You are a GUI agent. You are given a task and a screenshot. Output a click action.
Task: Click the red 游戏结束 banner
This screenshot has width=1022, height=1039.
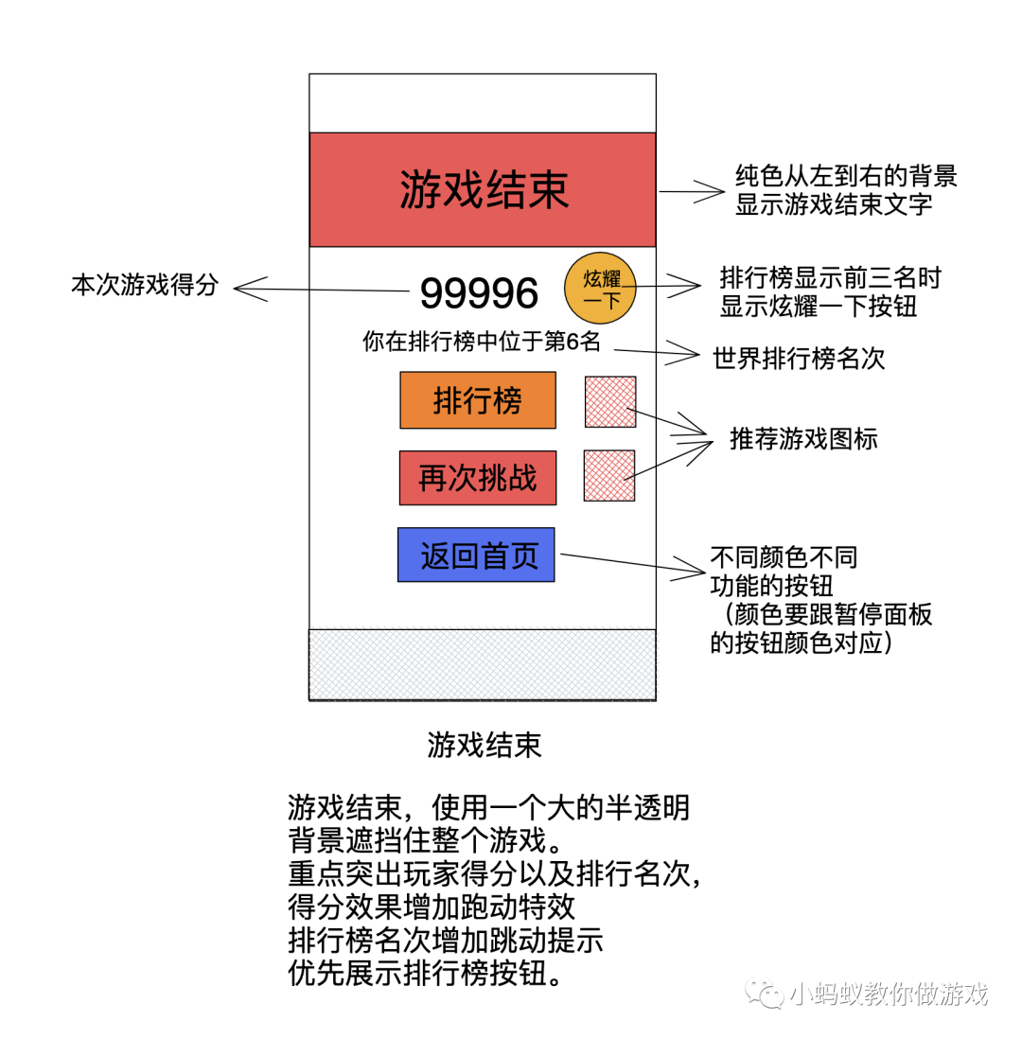coord(483,189)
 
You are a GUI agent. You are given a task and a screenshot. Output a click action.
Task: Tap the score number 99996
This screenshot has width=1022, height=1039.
coord(479,293)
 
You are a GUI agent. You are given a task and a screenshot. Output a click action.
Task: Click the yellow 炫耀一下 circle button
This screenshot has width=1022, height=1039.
coord(601,289)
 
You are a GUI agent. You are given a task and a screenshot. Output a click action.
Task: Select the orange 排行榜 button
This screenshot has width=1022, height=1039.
coord(478,401)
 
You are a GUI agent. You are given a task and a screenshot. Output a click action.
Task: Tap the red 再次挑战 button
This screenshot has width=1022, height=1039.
coord(478,478)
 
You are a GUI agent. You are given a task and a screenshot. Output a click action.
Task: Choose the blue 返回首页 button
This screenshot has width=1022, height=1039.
coord(476,555)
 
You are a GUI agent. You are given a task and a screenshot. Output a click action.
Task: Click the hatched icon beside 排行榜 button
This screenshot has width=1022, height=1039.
coord(610,401)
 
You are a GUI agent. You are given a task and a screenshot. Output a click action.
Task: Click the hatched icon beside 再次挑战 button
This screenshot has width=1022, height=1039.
coord(609,475)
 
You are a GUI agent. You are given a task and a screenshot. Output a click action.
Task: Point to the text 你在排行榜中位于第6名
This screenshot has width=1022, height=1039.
coord(482,342)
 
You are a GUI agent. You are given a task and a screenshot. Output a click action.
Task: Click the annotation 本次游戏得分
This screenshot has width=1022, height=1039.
coord(144,285)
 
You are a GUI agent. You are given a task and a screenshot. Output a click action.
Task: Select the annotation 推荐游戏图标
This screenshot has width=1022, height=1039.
coord(803,439)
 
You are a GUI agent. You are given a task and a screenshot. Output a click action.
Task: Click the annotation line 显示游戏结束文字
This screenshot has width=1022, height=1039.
coord(834,203)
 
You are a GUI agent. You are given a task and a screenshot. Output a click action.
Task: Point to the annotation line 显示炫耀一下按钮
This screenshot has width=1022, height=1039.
coord(819,307)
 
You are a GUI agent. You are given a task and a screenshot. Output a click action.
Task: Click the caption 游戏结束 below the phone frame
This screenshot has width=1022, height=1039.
coord(485,746)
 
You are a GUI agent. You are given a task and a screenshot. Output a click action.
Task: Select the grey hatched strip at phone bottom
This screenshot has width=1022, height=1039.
coord(483,664)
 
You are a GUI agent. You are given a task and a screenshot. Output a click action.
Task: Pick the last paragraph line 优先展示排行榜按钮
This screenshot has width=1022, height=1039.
coord(425,974)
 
